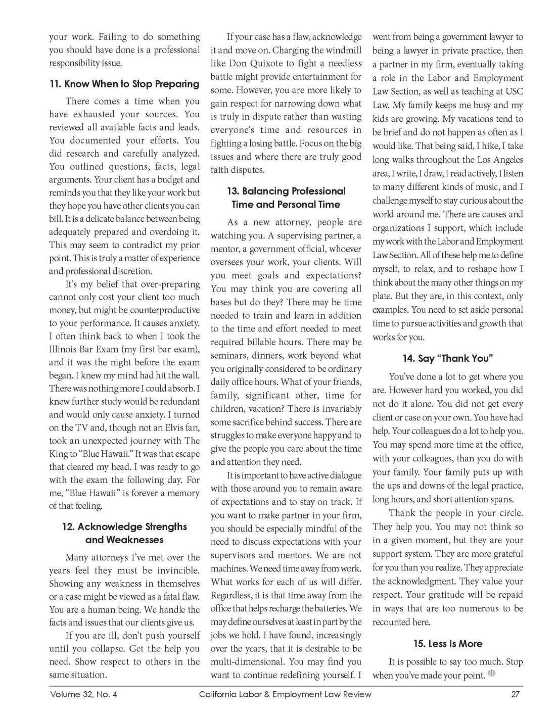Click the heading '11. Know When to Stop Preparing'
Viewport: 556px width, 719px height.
[x=124, y=84]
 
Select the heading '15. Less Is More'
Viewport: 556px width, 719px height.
[x=447, y=644]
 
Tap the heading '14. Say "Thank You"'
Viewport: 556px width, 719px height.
[x=447, y=358]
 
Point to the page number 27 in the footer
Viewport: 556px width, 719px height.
[x=515, y=694]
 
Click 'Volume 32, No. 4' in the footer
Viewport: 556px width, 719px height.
[x=83, y=694]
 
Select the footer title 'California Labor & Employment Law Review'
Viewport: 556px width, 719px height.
[x=285, y=694]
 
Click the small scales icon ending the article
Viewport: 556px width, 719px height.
[x=492, y=674]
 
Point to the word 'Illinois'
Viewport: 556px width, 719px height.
[x=64, y=349]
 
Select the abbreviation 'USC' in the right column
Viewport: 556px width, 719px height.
[x=513, y=91]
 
